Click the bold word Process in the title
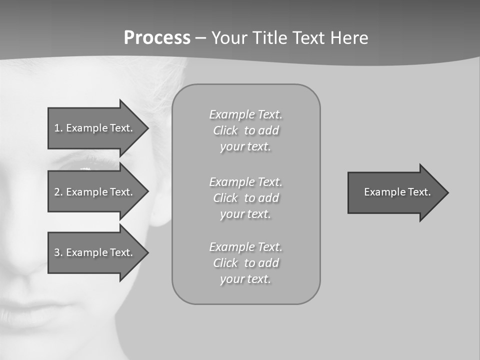click(x=157, y=38)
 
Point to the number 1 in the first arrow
click(x=57, y=128)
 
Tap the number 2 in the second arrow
click(x=57, y=192)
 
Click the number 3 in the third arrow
click(x=57, y=252)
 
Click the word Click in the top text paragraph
click(x=225, y=131)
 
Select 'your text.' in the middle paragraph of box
click(x=245, y=214)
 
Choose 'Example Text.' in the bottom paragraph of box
click(x=245, y=247)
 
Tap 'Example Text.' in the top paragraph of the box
click(x=245, y=114)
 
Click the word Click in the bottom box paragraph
click(x=225, y=263)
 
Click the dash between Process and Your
click(x=200, y=38)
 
